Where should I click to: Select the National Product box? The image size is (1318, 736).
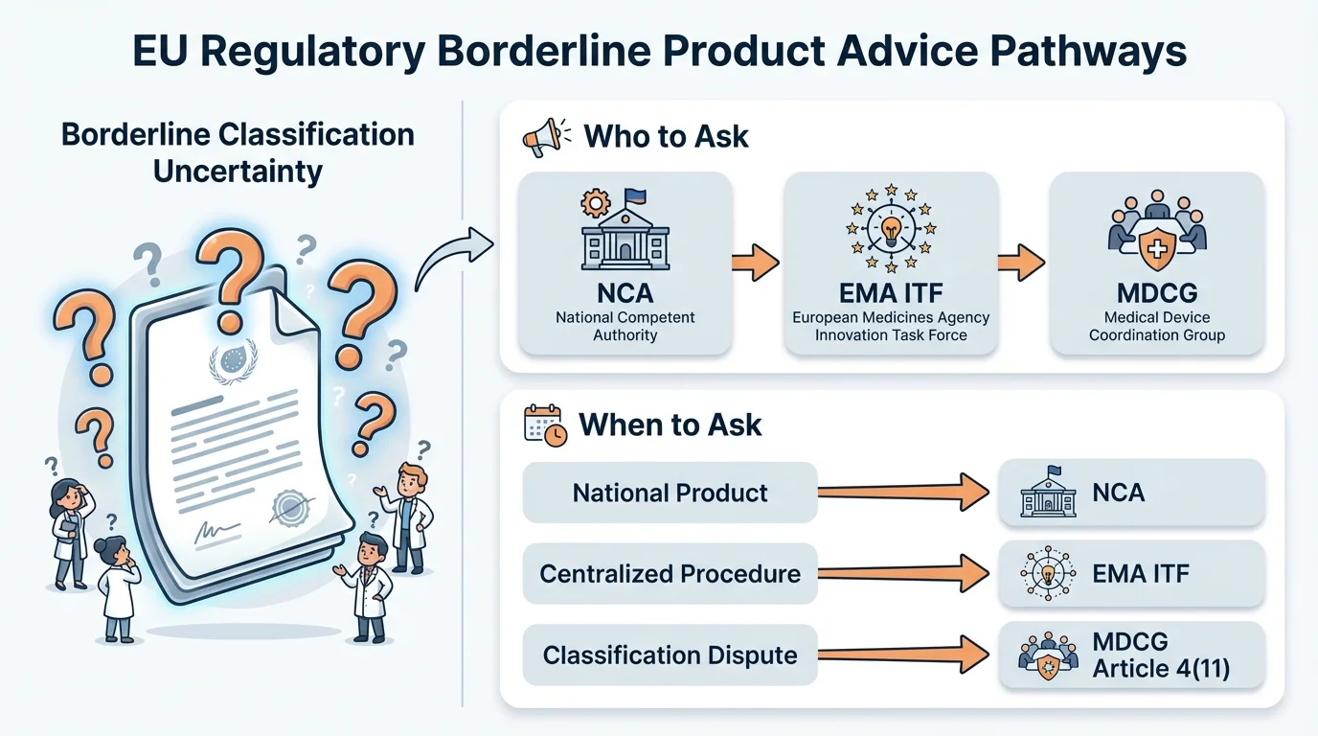(670, 493)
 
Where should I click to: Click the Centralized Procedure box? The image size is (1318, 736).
(670, 574)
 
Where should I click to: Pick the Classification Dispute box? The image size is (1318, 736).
(670, 655)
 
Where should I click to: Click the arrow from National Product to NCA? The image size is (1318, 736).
(904, 493)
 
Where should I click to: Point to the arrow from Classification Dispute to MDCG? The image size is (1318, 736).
(904, 655)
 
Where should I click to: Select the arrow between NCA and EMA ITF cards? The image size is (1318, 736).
(756, 262)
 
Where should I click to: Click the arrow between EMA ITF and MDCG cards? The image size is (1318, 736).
(1022, 262)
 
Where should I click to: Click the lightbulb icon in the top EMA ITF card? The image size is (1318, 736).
(891, 230)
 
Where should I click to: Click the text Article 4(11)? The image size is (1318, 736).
(1160, 670)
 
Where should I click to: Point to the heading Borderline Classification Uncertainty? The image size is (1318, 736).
(238, 152)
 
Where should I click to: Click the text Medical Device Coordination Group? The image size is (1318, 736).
(1157, 326)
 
